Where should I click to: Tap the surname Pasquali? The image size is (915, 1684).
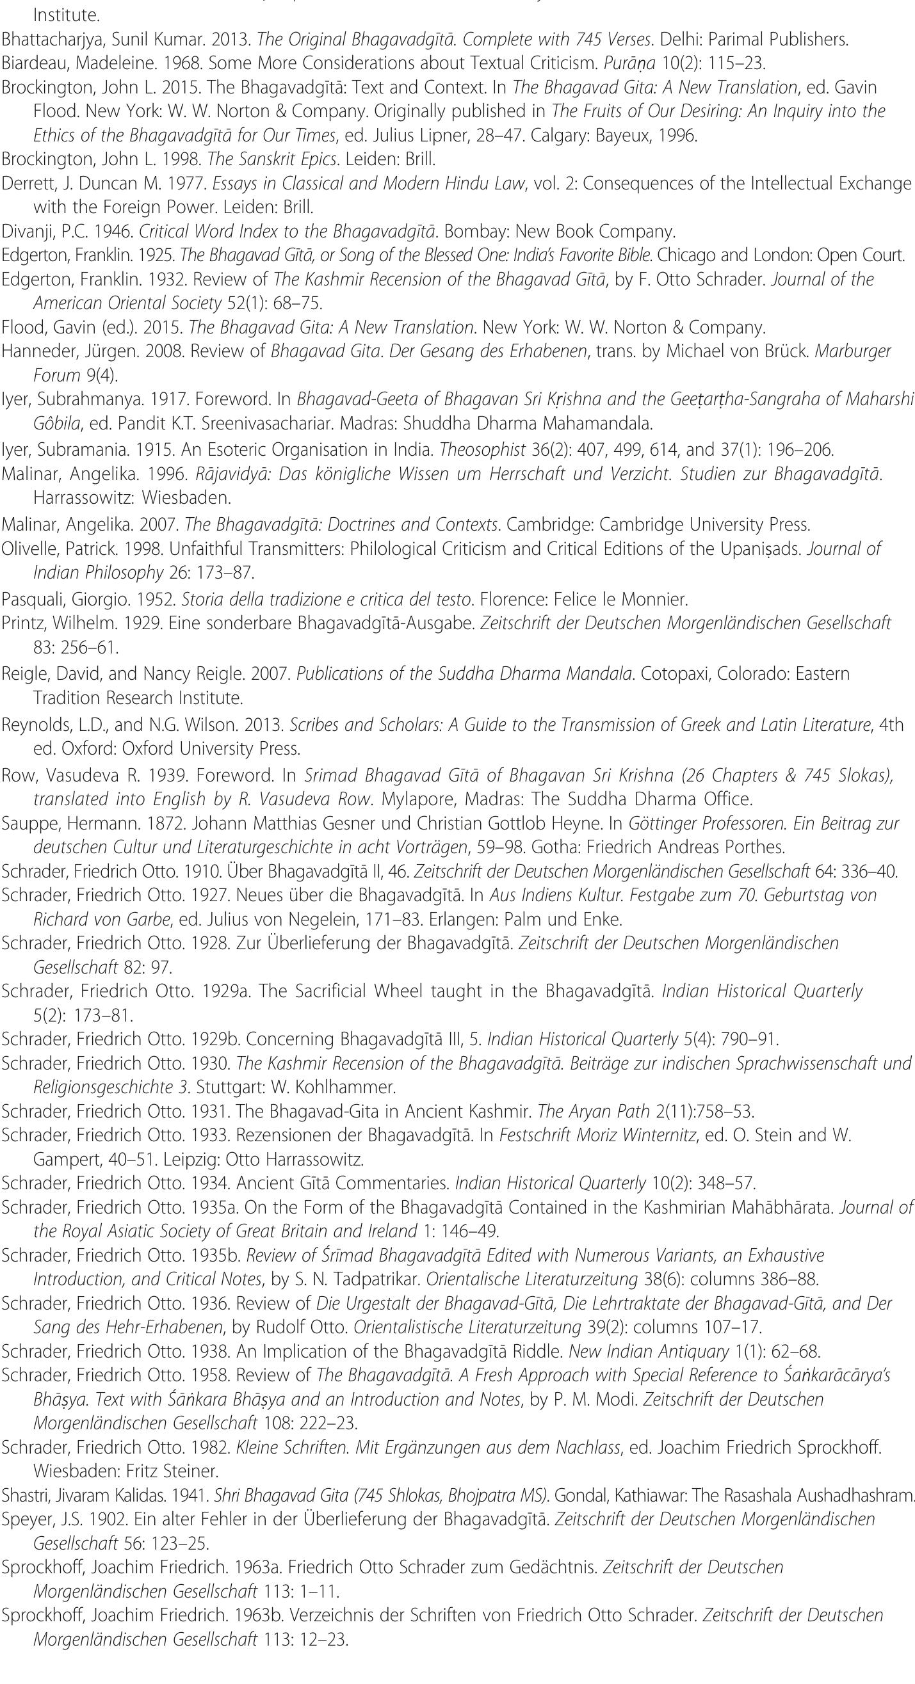28,599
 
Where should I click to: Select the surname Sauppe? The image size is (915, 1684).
24,823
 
